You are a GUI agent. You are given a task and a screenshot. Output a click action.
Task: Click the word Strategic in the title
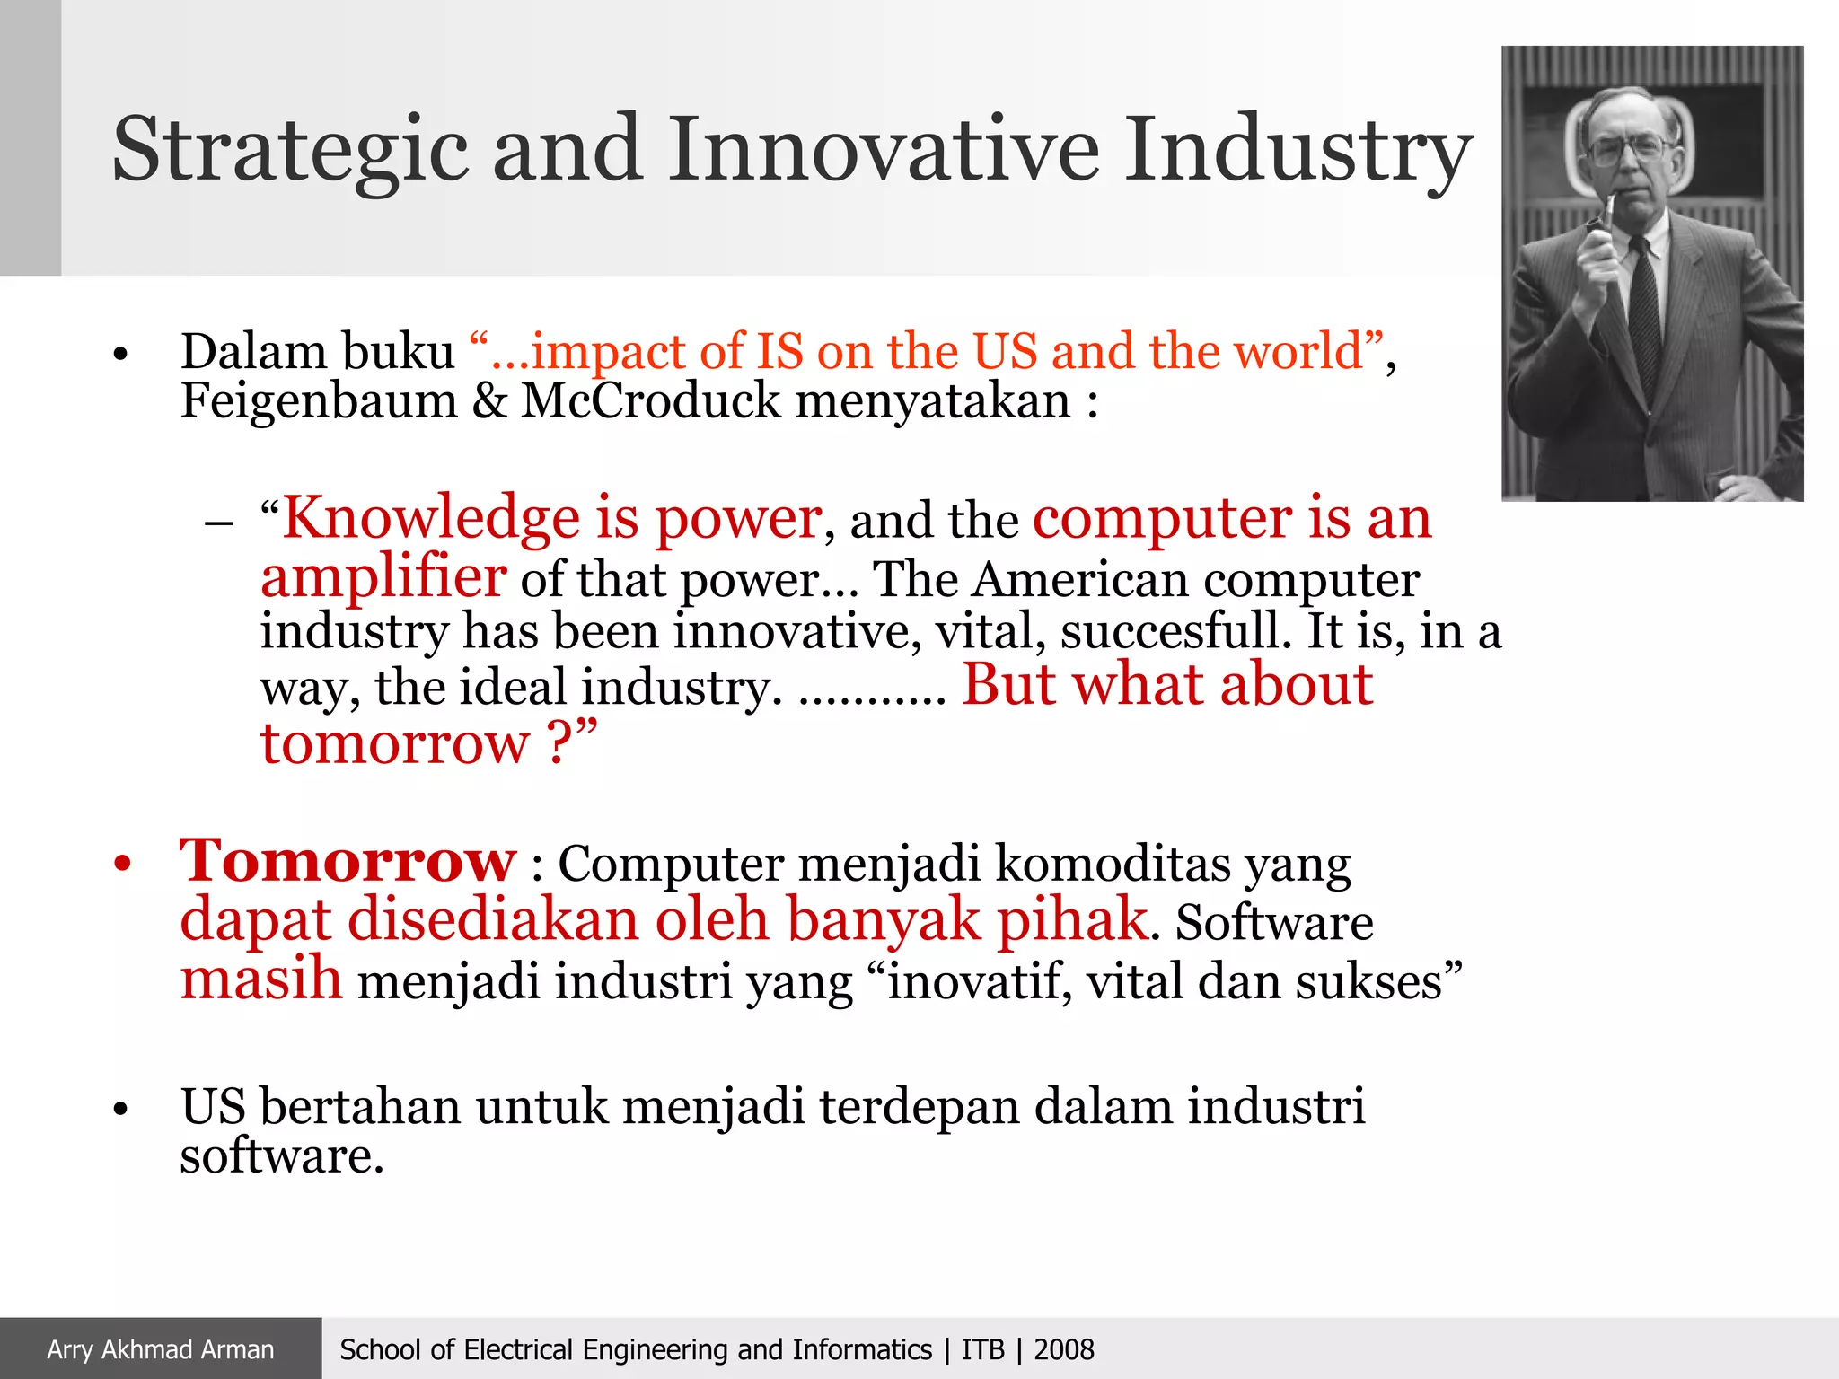click(x=289, y=151)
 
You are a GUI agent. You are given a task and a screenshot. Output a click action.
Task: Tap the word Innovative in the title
click(x=883, y=149)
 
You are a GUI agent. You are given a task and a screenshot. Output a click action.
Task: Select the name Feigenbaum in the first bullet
click(x=319, y=400)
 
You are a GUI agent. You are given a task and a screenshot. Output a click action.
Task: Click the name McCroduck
click(x=651, y=400)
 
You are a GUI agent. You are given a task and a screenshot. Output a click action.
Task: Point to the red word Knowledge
click(x=431, y=519)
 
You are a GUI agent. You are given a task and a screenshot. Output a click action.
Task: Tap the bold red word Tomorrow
click(x=348, y=861)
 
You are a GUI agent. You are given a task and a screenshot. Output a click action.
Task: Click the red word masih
click(x=260, y=979)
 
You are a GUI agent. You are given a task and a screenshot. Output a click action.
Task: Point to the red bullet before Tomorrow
click(x=123, y=865)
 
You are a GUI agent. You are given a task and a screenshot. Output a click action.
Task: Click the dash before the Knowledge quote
click(x=218, y=523)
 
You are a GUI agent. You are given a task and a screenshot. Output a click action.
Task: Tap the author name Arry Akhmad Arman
click(x=161, y=1349)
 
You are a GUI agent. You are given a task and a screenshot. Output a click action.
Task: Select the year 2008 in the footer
click(x=1064, y=1349)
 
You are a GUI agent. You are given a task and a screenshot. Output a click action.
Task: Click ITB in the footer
click(x=982, y=1349)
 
